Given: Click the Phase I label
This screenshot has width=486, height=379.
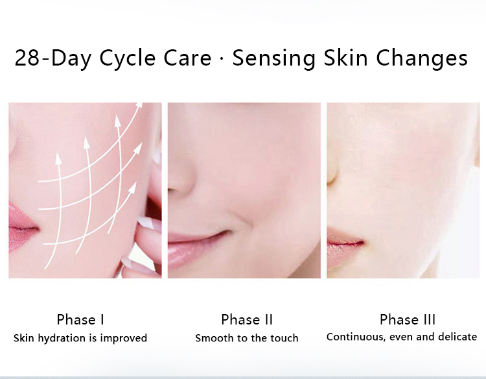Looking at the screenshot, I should (x=80, y=319).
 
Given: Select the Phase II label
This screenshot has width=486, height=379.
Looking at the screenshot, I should (x=246, y=319).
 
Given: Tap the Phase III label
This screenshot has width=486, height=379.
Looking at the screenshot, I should (x=408, y=319).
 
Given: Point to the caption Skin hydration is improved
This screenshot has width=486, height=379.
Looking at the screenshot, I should (x=80, y=338).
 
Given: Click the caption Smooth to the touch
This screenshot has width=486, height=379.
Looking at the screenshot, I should (x=246, y=338).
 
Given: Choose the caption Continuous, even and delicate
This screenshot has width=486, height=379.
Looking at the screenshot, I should (x=402, y=337).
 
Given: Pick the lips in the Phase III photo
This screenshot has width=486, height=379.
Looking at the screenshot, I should (x=343, y=240).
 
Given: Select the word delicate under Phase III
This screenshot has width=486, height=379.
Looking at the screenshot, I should (x=457, y=337).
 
